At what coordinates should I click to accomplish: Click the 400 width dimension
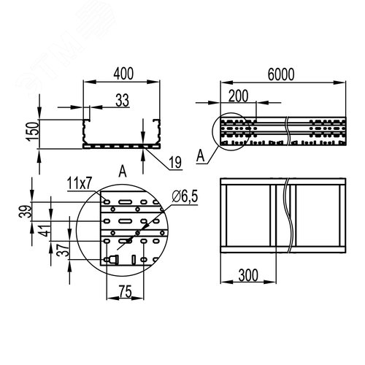point(123,74)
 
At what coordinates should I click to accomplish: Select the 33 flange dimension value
point(122,100)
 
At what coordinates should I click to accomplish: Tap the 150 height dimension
point(34,131)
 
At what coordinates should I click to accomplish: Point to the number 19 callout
point(175,163)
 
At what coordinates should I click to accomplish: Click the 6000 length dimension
point(281,74)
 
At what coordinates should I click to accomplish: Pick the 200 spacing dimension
point(239,96)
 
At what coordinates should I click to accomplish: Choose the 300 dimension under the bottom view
point(248,275)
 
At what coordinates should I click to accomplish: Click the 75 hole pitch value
point(126,291)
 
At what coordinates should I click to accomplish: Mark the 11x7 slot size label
point(80,184)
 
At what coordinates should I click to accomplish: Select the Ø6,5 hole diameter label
point(185,197)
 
